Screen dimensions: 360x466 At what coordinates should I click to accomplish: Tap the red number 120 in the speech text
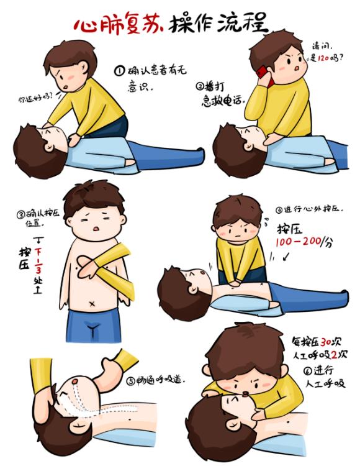(x=323, y=58)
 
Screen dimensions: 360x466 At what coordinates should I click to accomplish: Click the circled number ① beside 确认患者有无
(x=119, y=71)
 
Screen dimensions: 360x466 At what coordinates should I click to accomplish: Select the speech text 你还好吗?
(x=35, y=98)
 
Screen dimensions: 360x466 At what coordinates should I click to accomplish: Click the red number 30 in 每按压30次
(x=326, y=342)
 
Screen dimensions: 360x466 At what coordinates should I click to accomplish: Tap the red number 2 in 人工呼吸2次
(x=335, y=355)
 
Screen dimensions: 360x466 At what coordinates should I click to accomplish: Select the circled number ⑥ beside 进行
(x=308, y=370)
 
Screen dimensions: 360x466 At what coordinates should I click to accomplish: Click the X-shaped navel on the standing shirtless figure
(x=92, y=304)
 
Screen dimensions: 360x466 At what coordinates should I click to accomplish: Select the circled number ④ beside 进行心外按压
(x=279, y=211)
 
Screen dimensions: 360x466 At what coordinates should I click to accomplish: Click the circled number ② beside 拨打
(x=200, y=86)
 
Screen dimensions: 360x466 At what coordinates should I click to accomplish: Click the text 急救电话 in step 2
(x=223, y=101)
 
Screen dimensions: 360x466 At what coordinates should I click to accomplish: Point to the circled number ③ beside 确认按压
(x=20, y=214)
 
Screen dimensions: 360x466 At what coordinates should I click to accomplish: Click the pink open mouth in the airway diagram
(x=75, y=381)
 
